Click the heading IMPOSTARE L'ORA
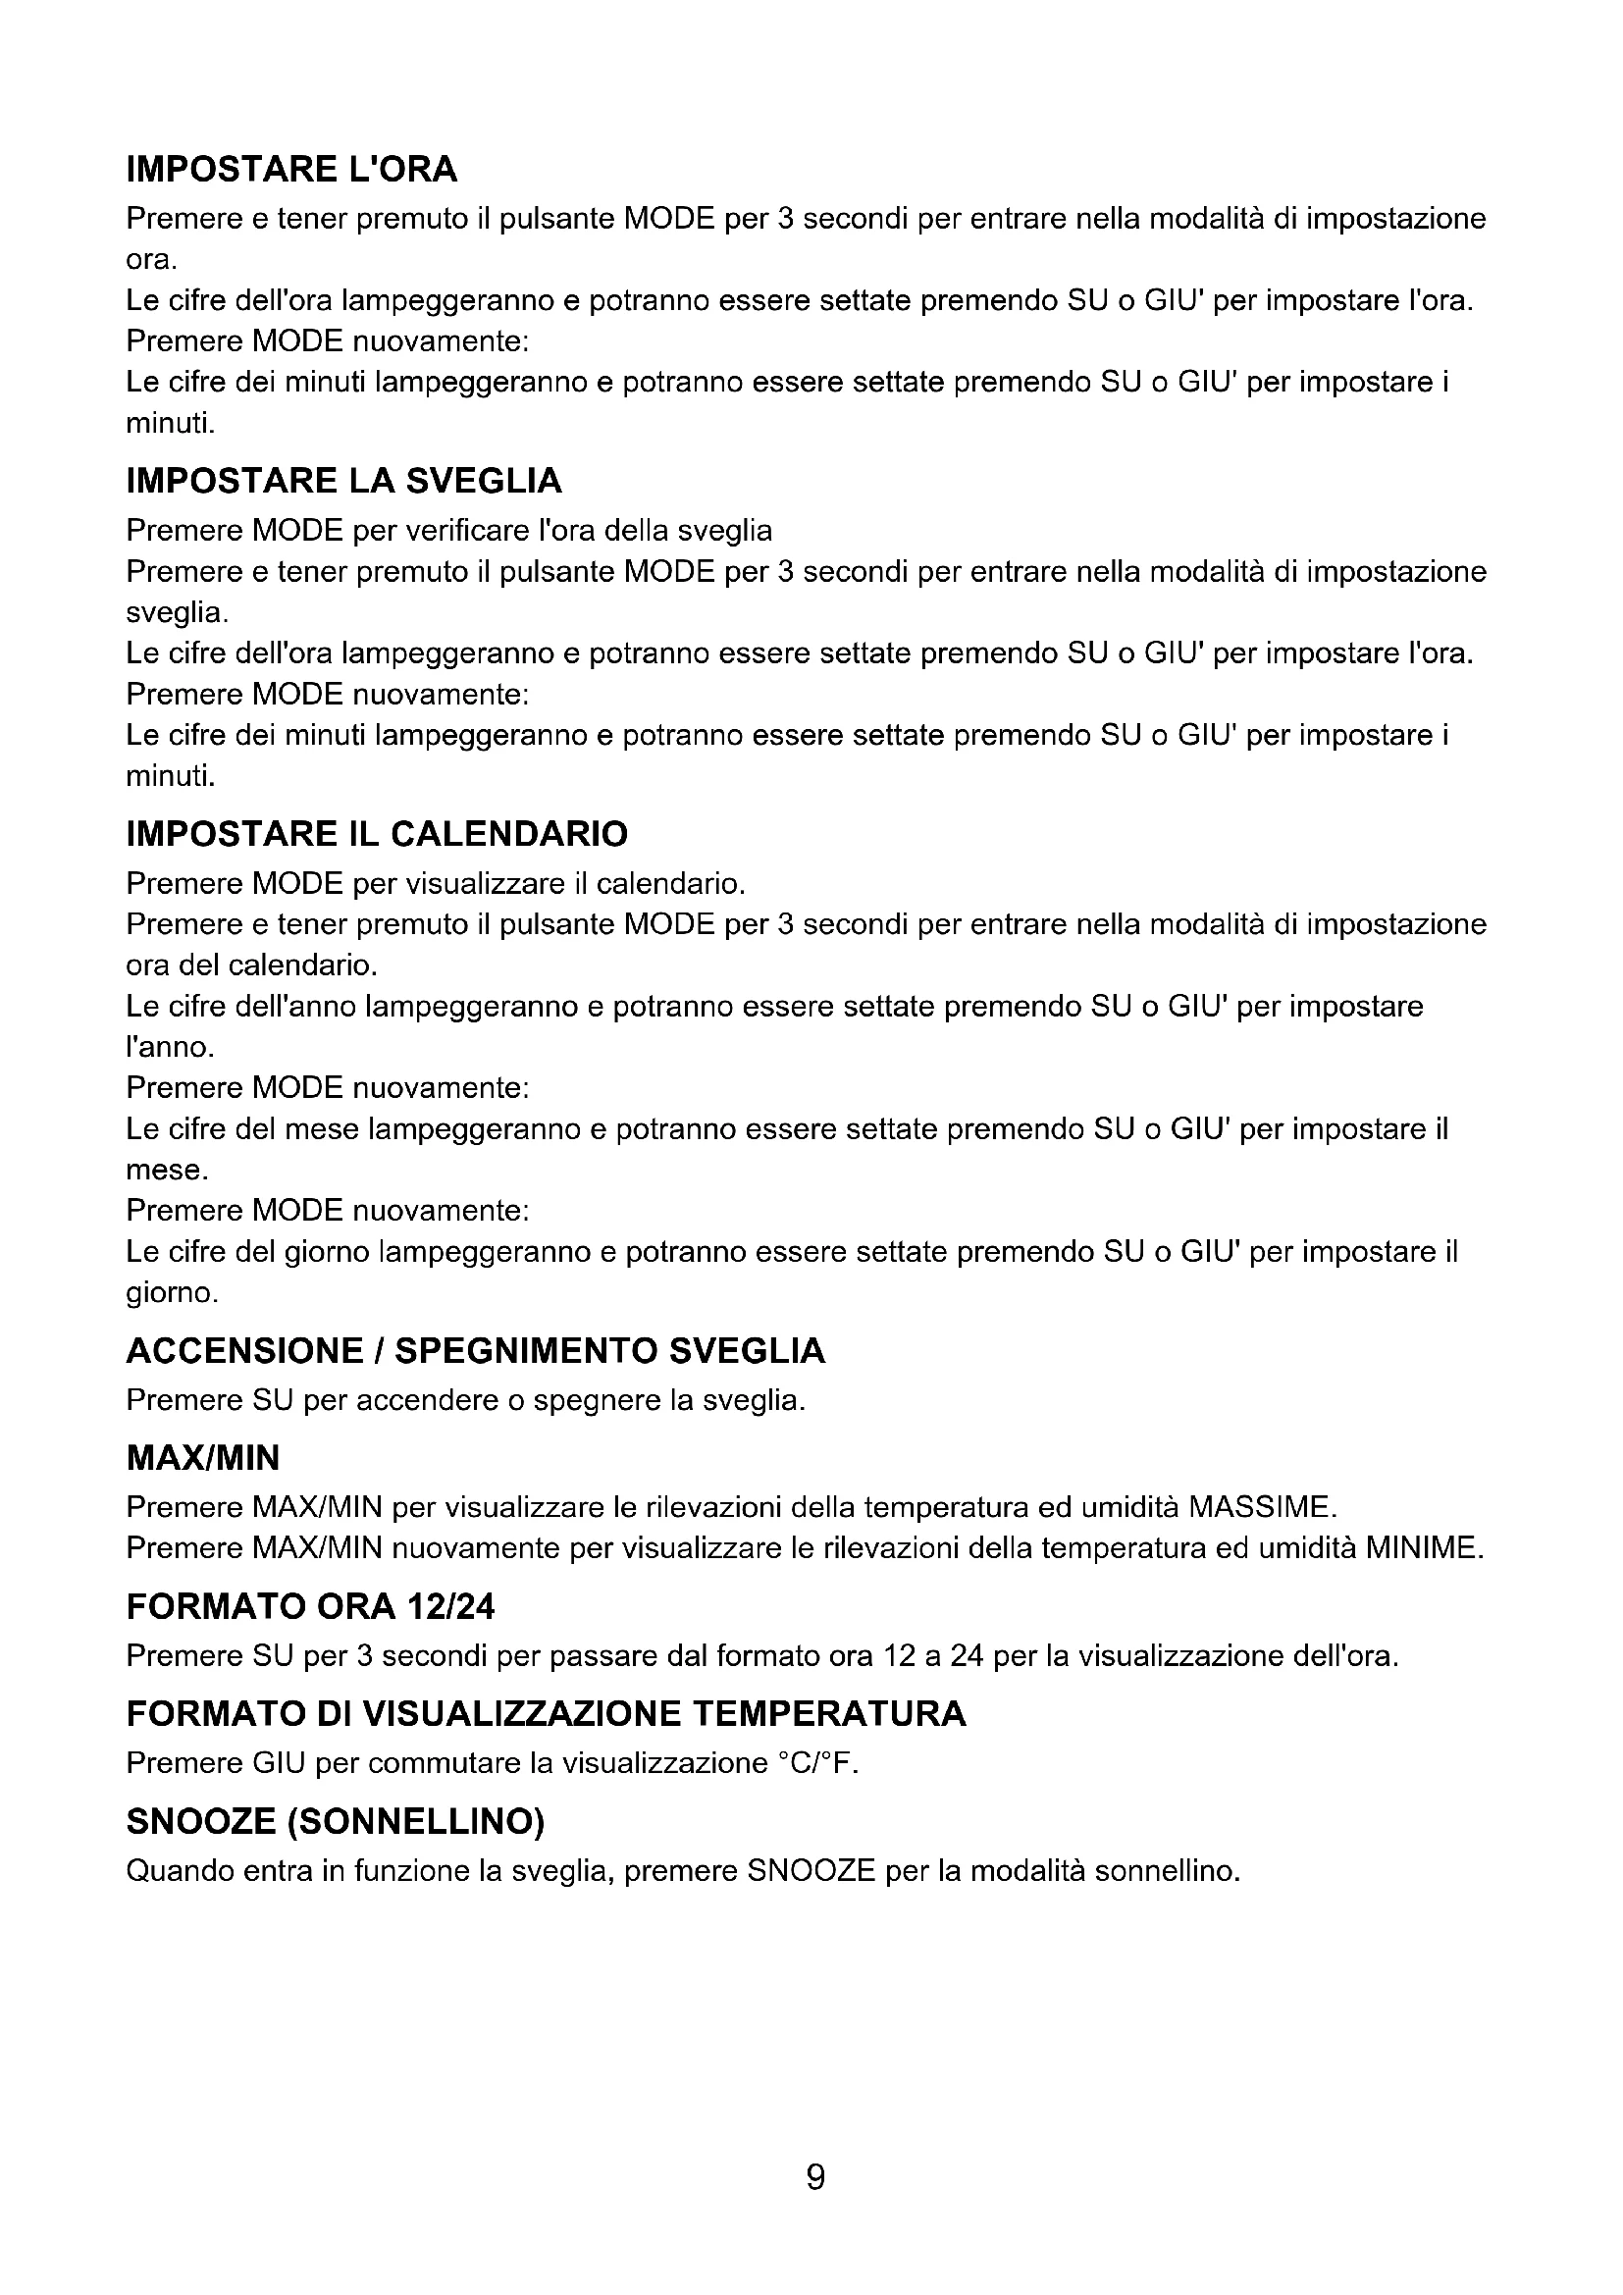click(x=290, y=170)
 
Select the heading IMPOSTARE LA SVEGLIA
click(x=343, y=482)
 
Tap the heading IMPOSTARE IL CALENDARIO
click(x=377, y=834)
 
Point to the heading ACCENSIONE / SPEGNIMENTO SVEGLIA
click(x=476, y=1351)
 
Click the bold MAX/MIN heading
click(x=203, y=1458)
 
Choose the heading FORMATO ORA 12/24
click(x=310, y=1606)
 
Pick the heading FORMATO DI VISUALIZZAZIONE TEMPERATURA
click(x=546, y=1714)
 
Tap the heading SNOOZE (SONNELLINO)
click(x=335, y=1822)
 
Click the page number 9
click(x=815, y=2176)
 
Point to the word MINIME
click(x=1423, y=1548)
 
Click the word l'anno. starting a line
click(x=170, y=1048)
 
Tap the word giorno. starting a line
click(x=172, y=1293)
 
